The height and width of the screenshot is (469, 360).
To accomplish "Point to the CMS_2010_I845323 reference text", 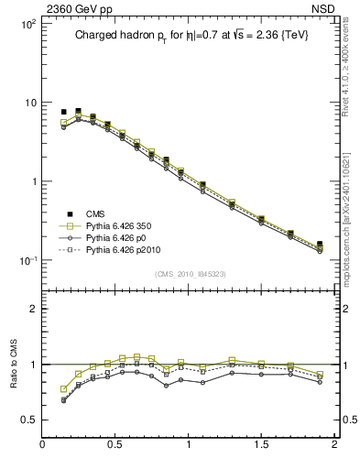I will [188, 272].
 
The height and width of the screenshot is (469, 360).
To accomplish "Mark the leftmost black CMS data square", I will [64, 112].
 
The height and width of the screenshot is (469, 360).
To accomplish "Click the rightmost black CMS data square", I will [320, 245].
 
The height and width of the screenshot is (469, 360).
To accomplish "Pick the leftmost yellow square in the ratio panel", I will [64, 389].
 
